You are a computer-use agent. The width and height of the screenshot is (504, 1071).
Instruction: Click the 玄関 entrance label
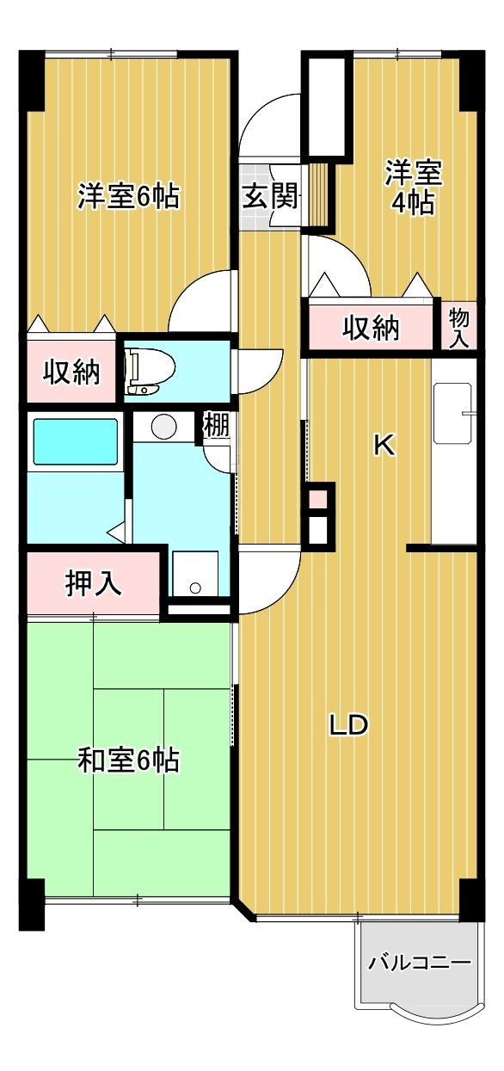click(270, 196)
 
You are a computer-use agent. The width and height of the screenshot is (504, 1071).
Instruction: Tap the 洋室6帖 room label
click(129, 195)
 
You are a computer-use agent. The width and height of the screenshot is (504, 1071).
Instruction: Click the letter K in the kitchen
click(384, 446)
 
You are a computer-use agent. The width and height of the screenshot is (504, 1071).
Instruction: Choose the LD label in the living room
click(349, 725)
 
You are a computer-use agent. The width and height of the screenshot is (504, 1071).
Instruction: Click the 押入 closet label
click(93, 584)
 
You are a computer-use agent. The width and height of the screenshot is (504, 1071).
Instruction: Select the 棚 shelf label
click(217, 425)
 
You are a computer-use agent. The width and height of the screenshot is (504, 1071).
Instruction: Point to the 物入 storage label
click(459, 327)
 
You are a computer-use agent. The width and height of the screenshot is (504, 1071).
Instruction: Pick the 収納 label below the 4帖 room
click(371, 329)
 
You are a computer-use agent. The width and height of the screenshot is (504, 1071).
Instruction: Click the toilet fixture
click(149, 371)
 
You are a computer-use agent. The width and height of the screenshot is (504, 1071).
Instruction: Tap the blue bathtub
click(75, 440)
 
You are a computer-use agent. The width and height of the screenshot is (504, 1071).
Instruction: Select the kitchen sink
click(454, 412)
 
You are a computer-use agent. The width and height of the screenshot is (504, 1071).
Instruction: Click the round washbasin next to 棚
click(164, 425)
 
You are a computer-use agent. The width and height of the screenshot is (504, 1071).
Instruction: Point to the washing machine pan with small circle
click(195, 573)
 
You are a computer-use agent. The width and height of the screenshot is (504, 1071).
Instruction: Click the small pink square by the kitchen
click(318, 500)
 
